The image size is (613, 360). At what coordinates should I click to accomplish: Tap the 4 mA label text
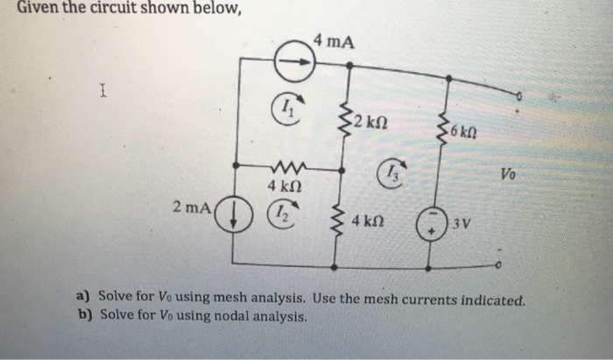pos(334,40)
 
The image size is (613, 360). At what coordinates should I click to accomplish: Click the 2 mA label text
pos(192,208)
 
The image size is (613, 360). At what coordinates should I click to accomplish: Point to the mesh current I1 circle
pos(289,109)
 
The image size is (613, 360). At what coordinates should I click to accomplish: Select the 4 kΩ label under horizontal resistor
pos(285,187)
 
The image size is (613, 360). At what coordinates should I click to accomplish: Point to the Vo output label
pos(510,174)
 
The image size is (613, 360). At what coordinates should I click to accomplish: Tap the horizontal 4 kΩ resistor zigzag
pos(284,166)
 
